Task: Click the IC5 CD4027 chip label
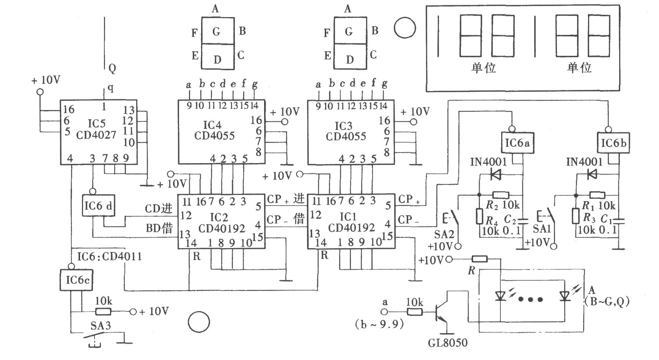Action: (x=96, y=129)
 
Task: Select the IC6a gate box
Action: (x=517, y=143)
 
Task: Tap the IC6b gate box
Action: (x=613, y=143)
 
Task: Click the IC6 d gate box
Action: (x=98, y=206)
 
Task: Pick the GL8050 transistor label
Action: (x=448, y=343)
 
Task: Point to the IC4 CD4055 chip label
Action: (x=214, y=130)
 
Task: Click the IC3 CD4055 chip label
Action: (x=346, y=131)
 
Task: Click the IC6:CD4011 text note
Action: (x=109, y=256)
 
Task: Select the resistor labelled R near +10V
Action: (x=479, y=259)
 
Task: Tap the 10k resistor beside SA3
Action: (x=103, y=312)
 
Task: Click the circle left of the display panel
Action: (x=405, y=28)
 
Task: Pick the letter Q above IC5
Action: (x=112, y=68)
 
